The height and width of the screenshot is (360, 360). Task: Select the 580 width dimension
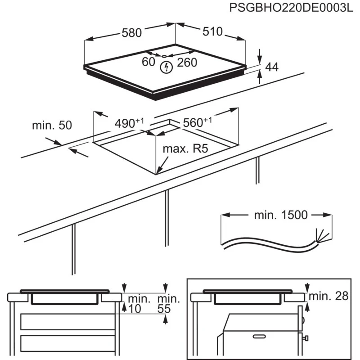pos(132,33)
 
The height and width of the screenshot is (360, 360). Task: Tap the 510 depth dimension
pos(212,31)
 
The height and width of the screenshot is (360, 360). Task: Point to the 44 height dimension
pos(271,67)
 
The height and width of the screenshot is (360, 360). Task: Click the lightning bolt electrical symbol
pos(166,68)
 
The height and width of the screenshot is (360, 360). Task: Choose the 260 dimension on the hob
pos(187,63)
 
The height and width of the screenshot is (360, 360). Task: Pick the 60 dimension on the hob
pos(148,62)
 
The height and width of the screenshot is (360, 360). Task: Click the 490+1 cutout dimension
pos(129,122)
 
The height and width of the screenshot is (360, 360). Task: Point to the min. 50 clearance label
pos(52,125)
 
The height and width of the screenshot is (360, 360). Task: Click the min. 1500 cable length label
pos(281,215)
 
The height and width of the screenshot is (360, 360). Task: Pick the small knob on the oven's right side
pos(307,337)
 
